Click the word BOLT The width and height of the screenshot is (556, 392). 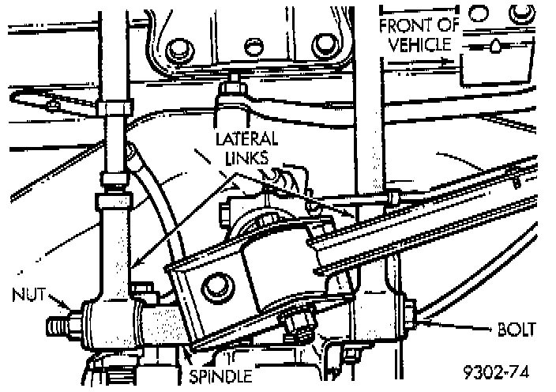click(517, 326)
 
